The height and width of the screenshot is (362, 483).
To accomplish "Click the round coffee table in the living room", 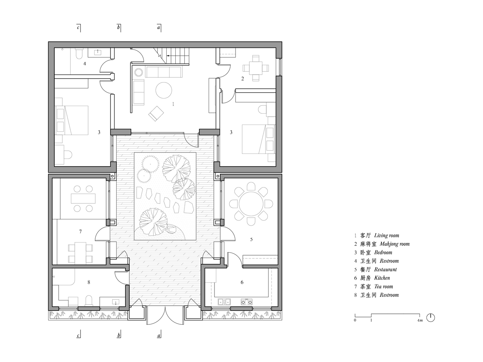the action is (x=164, y=90).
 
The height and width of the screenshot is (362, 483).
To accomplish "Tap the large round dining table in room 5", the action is (x=251, y=204).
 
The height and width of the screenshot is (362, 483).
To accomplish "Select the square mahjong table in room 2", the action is (x=256, y=68).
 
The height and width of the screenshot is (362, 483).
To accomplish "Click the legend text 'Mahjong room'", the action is (x=395, y=244).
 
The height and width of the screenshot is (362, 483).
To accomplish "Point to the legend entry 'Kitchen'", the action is (x=382, y=278).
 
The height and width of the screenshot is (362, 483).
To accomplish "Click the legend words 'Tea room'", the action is (x=384, y=287).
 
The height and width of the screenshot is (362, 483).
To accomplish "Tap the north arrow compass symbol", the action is (x=430, y=318).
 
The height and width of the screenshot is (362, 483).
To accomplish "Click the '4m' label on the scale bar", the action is (x=420, y=320).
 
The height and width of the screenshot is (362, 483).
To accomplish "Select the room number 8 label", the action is (x=89, y=282).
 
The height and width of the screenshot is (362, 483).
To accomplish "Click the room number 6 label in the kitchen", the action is (x=242, y=282).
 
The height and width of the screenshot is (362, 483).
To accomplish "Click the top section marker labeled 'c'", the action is (x=79, y=28).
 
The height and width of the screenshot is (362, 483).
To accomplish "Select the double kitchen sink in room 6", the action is (x=224, y=302).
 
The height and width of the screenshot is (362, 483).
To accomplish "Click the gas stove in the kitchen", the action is (x=246, y=302).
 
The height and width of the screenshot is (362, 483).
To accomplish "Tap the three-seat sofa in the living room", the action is (x=163, y=72).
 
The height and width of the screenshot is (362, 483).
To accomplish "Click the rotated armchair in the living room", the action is (x=156, y=114).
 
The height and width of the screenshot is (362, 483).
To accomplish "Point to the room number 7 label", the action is (x=80, y=231).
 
